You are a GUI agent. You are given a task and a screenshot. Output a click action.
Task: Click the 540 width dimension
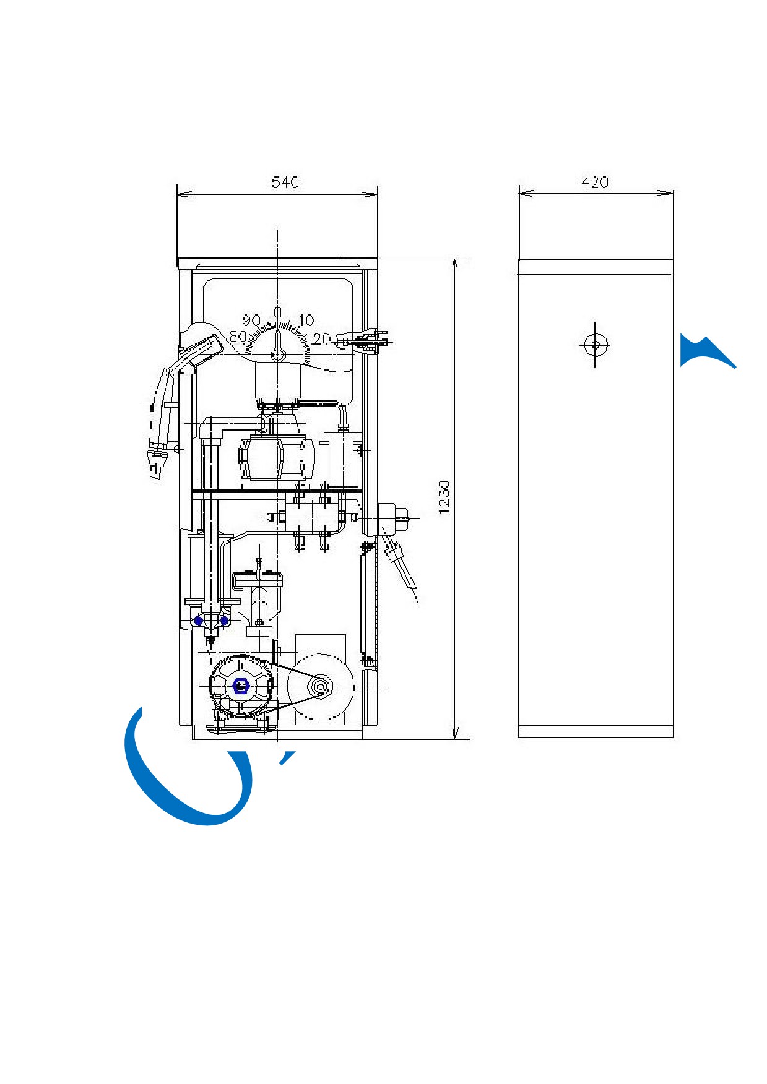coord(285,182)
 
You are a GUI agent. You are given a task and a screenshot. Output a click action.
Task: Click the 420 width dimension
coord(595,182)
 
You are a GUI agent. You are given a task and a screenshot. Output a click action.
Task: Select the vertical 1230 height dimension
coord(444,497)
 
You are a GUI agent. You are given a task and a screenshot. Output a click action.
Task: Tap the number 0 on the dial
coord(278,312)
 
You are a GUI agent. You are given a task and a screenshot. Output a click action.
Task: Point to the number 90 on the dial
coord(251,320)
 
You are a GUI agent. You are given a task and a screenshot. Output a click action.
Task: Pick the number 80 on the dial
coord(238,337)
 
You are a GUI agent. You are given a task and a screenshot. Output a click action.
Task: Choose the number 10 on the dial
coord(306,320)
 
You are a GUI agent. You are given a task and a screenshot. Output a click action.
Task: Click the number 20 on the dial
coord(321,338)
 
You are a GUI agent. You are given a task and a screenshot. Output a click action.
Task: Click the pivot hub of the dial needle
coord(278,355)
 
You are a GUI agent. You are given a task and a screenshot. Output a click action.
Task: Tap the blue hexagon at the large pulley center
coord(240,686)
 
